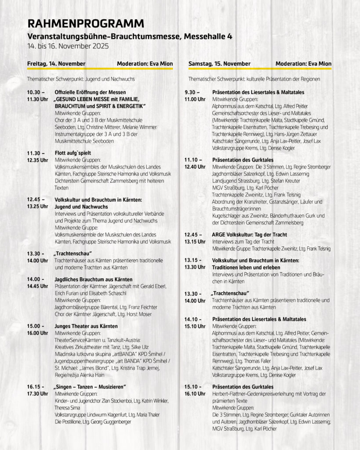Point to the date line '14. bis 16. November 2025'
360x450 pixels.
(x=68, y=46)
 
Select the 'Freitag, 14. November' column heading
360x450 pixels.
(x=56, y=64)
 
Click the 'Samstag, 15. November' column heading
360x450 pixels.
(x=219, y=64)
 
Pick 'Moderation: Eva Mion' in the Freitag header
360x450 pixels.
(x=145, y=64)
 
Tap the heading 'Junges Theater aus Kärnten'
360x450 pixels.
(x=86, y=327)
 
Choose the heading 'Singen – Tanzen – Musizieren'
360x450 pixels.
(x=90, y=387)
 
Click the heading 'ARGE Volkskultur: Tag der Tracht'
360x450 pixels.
(x=249, y=235)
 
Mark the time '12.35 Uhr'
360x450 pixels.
(x=38, y=160)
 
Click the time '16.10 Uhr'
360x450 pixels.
(x=195, y=394)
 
